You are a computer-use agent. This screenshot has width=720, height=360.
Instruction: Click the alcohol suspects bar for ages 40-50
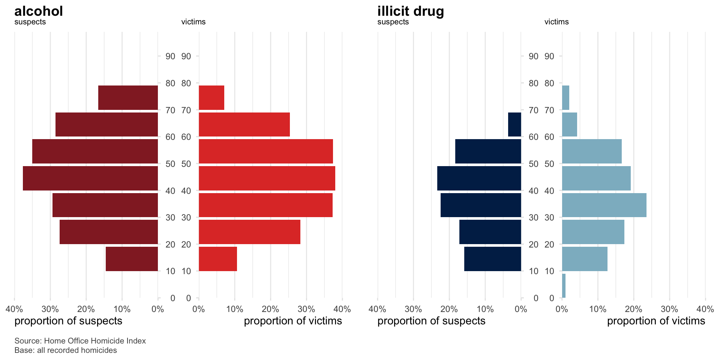coord(90,178)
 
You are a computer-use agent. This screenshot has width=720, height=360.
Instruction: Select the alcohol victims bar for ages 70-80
coord(211,97)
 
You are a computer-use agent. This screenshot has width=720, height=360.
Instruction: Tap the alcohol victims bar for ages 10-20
coord(217,259)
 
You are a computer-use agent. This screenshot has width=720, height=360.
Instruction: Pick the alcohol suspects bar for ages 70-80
coord(128,97)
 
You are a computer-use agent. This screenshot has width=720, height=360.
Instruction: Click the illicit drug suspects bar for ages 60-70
coord(514,124)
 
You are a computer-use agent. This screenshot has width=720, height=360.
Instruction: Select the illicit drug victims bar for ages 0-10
coord(564,286)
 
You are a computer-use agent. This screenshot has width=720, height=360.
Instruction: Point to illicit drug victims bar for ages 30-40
coord(604,205)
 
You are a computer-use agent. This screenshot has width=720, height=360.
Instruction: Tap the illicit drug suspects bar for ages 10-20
coord(492,259)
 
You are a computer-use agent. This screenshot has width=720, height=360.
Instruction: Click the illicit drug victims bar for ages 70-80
coord(565,97)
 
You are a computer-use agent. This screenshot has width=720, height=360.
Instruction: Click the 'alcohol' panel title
coord(39,11)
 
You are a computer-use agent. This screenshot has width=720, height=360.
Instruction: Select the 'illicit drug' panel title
coord(410,11)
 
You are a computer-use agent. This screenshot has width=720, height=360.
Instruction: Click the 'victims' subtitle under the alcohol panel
coord(193,22)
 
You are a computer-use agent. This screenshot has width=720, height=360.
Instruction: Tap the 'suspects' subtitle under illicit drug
coord(393,22)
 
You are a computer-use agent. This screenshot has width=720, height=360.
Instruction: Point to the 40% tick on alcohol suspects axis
coord(14,309)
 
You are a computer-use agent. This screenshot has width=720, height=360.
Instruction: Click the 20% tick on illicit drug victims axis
coord(633,309)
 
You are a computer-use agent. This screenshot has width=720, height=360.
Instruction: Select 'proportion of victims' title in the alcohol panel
coord(292,321)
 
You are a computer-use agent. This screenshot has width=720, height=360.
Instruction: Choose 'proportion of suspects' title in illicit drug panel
coord(431,321)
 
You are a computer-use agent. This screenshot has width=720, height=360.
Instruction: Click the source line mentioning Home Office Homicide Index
coord(80,341)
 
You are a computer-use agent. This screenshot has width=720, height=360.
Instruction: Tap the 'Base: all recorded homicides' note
coord(66,350)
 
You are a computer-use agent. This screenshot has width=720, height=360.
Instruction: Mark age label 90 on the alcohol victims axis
coord(186,56)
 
